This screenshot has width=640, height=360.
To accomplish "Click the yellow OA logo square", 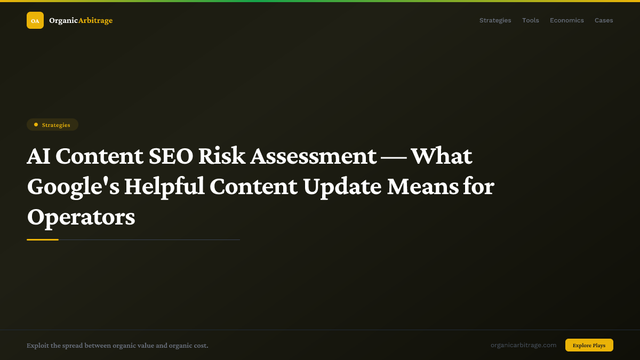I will pyautogui.click(x=35, y=20).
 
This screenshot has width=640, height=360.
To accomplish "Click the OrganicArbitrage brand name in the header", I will pyautogui.click(x=81, y=21).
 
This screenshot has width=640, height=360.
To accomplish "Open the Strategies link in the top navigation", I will pyautogui.click(x=495, y=20).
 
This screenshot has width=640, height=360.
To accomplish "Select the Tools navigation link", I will pyautogui.click(x=530, y=20).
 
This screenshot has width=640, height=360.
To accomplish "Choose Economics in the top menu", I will pyautogui.click(x=566, y=20).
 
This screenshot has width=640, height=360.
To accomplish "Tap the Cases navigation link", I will pyautogui.click(x=604, y=20).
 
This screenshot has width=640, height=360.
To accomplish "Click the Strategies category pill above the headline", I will pyautogui.click(x=52, y=125).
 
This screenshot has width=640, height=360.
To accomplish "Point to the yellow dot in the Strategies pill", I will pyautogui.click(x=36, y=125).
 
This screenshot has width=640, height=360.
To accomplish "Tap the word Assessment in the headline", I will pyautogui.click(x=314, y=156).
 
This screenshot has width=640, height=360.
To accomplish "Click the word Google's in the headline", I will pyautogui.click(x=73, y=187).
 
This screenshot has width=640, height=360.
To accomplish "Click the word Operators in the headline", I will pyautogui.click(x=81, y=217).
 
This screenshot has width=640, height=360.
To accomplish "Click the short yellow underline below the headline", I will pyautogui.click(x=43, y=240).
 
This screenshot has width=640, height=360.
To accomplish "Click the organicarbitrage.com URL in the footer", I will pyautogui.click(x=523, y=345).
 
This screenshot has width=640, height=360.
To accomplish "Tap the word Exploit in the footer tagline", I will pyautogui.click(x=37, y=346).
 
